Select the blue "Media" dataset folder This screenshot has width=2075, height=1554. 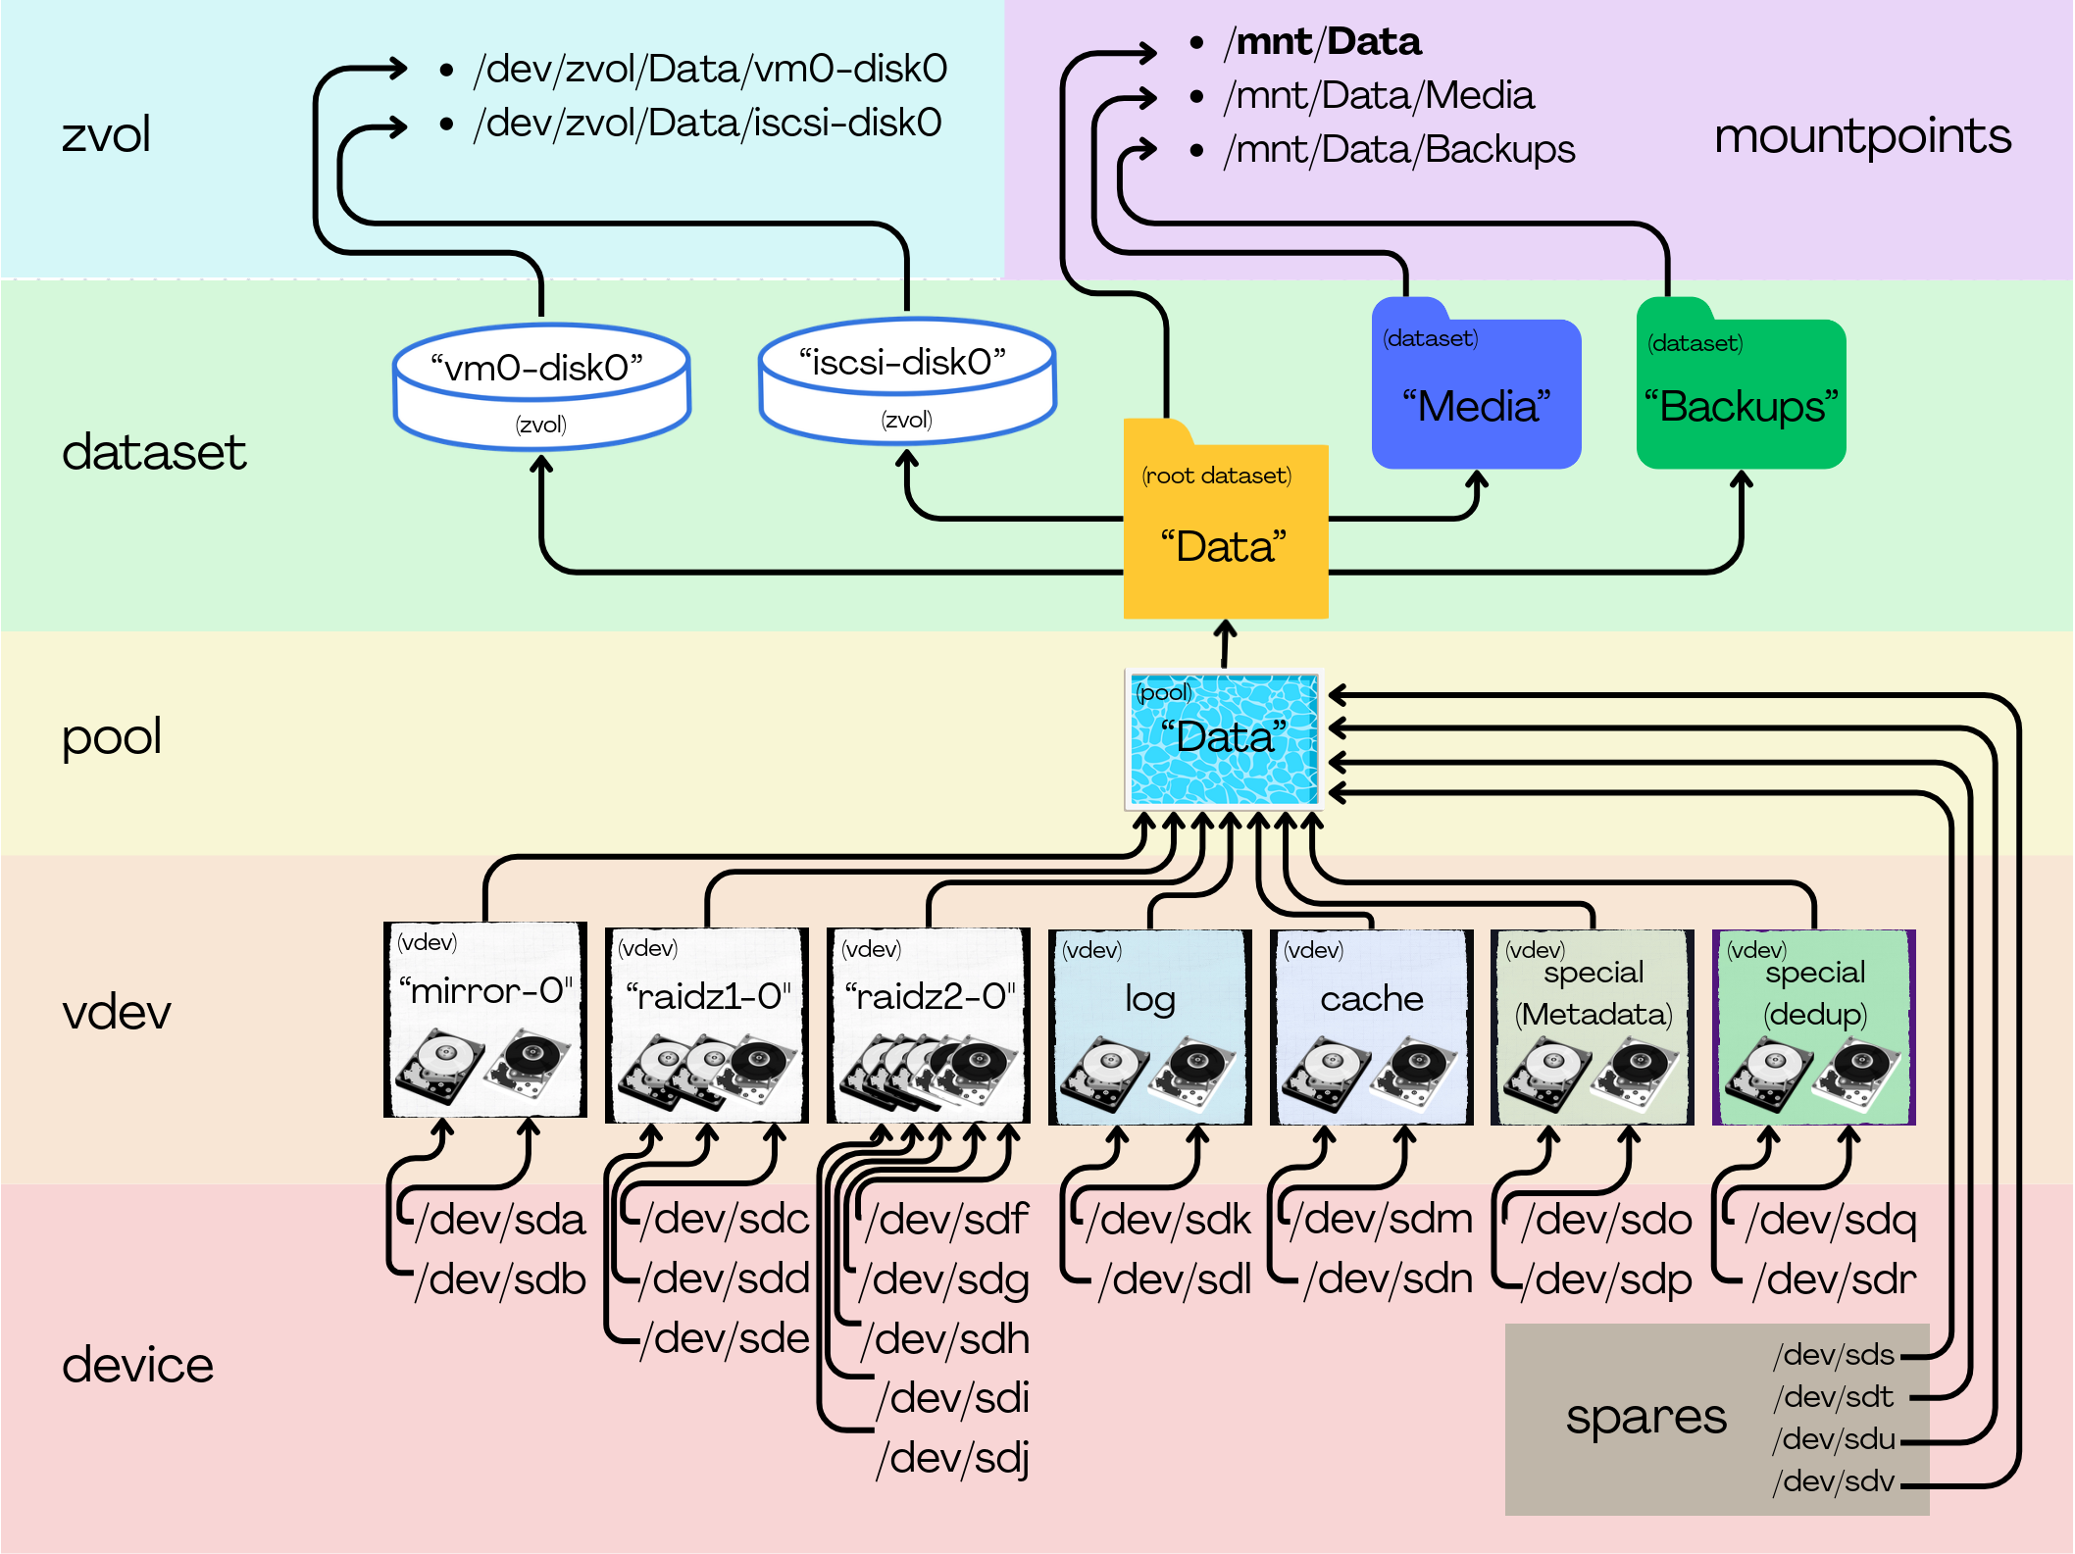click(1476, 392)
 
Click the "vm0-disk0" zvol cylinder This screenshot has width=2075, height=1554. click(541, 387)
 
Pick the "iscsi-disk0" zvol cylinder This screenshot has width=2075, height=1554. click(907, 382)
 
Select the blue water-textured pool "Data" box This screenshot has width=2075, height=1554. click(1224, 739)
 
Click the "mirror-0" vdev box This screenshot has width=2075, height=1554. click(485, 1020)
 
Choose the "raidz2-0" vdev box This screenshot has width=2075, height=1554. click(929, 1025)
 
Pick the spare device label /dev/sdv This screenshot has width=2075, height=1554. click(1834, 1480)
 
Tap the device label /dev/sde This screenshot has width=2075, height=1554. click(725, 1338)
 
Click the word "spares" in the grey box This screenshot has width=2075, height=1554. click(1645, 1417)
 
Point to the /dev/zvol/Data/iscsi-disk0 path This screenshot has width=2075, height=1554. click(707, 124)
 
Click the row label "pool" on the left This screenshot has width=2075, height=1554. click(112, 736)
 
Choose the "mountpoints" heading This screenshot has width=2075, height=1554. click(1862, 136)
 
